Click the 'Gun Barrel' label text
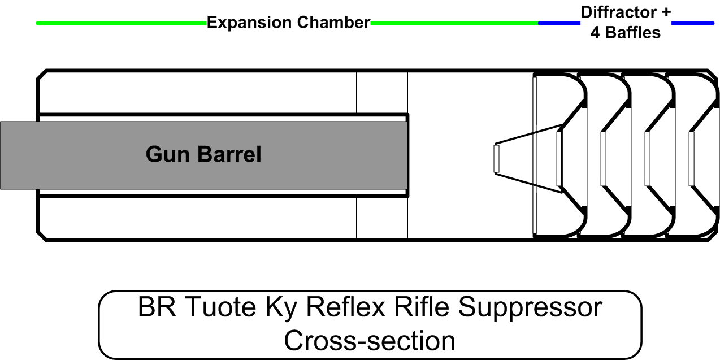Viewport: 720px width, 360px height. [x=203, y=154]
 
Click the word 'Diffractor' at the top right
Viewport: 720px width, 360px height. [x=618, y=12]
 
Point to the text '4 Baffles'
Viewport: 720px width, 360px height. [x=626, y=33]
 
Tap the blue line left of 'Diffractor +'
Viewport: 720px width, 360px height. [x=559, y=23]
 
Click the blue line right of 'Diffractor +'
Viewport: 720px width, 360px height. [x=693, y=23]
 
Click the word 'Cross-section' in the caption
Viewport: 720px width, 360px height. [x=370, y=340]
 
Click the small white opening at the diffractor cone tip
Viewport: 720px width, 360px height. [x=497, y=159]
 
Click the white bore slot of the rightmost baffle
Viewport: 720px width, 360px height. [x=691, y=159]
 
